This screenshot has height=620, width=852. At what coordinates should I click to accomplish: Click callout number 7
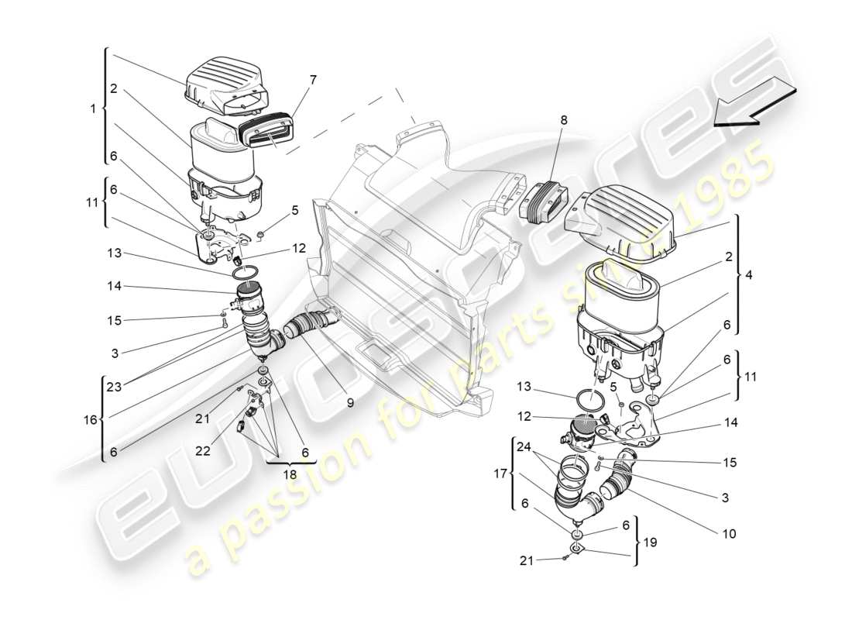click(313, 79)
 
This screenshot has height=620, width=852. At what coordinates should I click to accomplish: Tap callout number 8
click(563, 120)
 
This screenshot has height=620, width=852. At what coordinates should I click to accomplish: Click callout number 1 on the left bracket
click(93, 108)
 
